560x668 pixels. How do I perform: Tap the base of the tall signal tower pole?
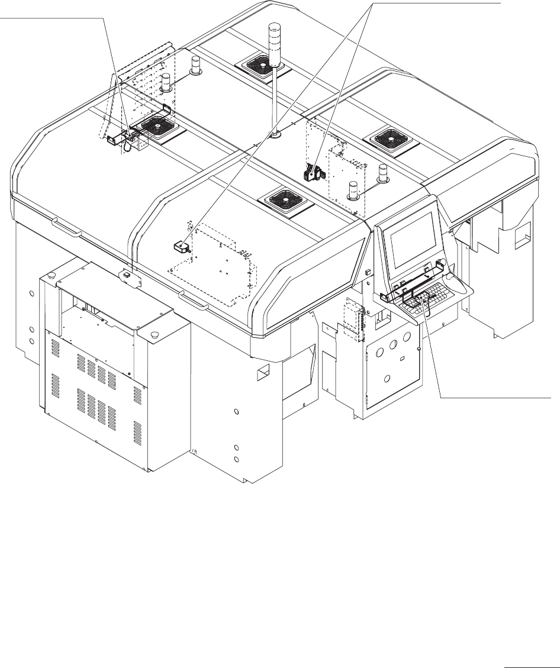(275, 135)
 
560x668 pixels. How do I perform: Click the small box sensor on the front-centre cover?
(181, 246)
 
